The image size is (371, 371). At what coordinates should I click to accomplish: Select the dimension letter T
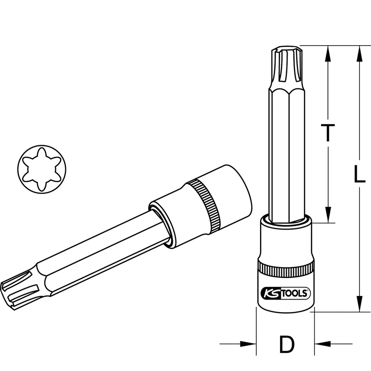coord(327,133)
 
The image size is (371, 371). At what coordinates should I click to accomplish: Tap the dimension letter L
coord(358,174)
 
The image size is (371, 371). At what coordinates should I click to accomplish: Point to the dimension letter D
coord(286,344)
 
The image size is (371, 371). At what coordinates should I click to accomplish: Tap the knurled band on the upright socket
coord(285,270)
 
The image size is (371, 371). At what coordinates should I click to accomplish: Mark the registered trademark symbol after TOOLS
coord(308,291)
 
